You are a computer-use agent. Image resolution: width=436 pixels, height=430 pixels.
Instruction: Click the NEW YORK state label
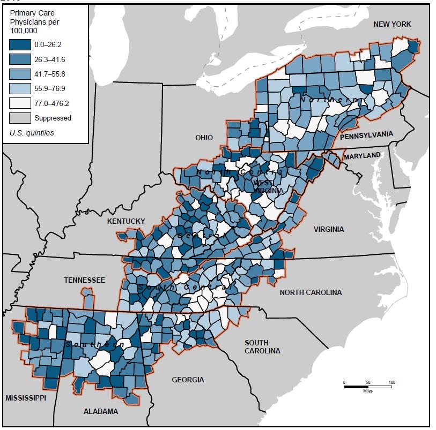pos(393,24)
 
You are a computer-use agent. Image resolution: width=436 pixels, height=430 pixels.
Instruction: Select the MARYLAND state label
pos(362,156)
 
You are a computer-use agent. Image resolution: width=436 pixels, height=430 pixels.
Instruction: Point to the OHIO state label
pos(204,138)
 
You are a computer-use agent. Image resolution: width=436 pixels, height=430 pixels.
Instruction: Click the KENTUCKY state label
pos(126,221)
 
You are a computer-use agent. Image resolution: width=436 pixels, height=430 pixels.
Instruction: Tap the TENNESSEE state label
pos(85,280)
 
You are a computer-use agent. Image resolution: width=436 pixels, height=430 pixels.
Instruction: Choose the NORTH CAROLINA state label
pos(311,292)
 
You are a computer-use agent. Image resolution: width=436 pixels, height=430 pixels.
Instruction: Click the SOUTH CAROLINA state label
pos(262,346)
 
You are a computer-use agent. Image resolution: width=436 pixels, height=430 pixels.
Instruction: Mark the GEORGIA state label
pos(188,380)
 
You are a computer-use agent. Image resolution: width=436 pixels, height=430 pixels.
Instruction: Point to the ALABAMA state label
pos(101,411)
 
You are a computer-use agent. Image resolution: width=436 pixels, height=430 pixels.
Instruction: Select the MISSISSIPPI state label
pos(26,398)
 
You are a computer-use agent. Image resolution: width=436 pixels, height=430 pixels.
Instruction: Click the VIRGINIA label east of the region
pos(329,229)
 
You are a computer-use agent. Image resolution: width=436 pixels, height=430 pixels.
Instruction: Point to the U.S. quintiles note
pos(32,133)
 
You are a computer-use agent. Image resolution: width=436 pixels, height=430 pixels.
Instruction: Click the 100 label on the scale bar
pos(392,382)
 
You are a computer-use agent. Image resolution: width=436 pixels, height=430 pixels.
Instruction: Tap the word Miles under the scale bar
pos(367,391)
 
